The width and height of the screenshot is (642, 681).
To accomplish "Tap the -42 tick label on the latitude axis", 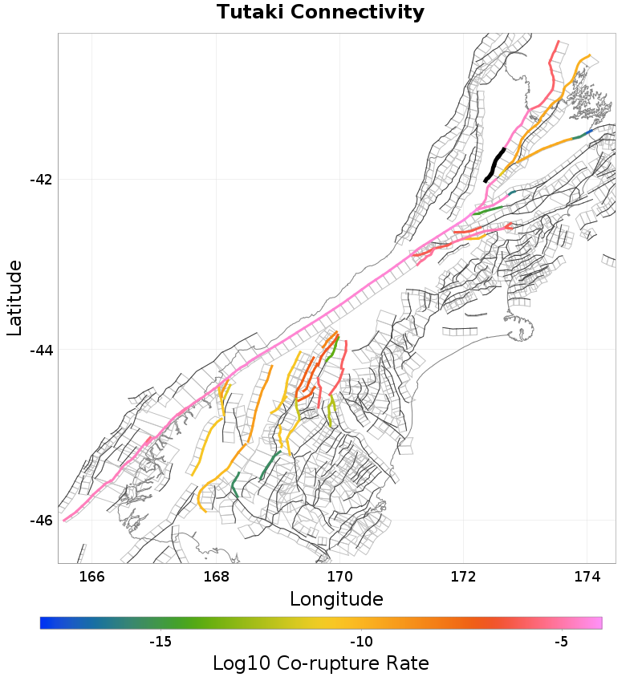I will pyautogui.click(x=41, y=179).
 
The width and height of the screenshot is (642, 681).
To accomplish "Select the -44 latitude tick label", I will pyautogui.click(x=41, y=350).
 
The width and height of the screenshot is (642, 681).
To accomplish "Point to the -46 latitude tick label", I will pyautogui.click(x=41, y=521).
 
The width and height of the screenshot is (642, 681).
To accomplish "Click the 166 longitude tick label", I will pyautogui.click(x=92, y=576).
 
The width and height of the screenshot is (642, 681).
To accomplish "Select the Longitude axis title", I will pyautogui.click(x=336, y=599).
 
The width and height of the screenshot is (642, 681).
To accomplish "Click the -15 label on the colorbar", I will pyautogui.click(x=160, y=642).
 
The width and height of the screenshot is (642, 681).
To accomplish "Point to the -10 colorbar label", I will pyautogui.click(x=361, y=642).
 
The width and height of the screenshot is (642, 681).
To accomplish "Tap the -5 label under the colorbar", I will pyautogui.click(x=561, y=642).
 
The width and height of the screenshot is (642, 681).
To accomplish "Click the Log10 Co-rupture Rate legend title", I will pyautogui.click(x=321, y=664).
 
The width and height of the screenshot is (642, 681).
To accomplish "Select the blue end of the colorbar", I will pyautogui.click(x=45, y=623).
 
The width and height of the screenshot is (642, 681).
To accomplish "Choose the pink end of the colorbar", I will pyautogui.click(x=597, y=623).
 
